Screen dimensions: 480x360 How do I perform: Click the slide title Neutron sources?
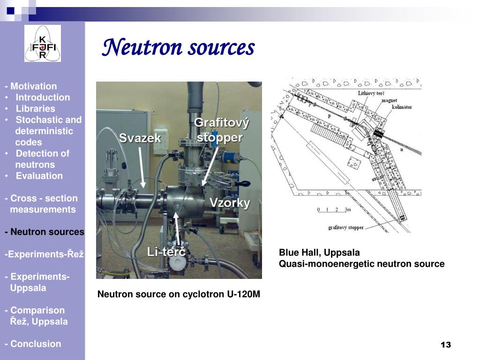178,48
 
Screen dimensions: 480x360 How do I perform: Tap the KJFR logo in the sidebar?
43,44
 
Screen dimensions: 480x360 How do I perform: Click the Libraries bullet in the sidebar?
36,109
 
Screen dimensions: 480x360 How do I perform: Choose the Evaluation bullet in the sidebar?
39,176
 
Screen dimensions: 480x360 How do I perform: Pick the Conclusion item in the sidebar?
33,344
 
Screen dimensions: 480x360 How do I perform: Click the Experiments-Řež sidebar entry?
44,255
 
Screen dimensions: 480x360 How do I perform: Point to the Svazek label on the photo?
140,138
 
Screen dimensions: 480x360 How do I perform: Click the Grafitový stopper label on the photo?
221,130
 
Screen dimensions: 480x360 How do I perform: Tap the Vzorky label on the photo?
230,203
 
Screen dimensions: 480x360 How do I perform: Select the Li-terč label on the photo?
166,252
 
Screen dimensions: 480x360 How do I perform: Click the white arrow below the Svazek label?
142,166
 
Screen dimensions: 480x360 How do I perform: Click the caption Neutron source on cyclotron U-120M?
179,294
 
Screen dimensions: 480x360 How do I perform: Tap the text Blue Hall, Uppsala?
319,253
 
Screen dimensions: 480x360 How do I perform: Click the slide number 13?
445,345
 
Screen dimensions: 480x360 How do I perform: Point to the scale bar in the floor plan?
334,210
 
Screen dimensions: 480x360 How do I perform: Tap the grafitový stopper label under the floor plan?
345,228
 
